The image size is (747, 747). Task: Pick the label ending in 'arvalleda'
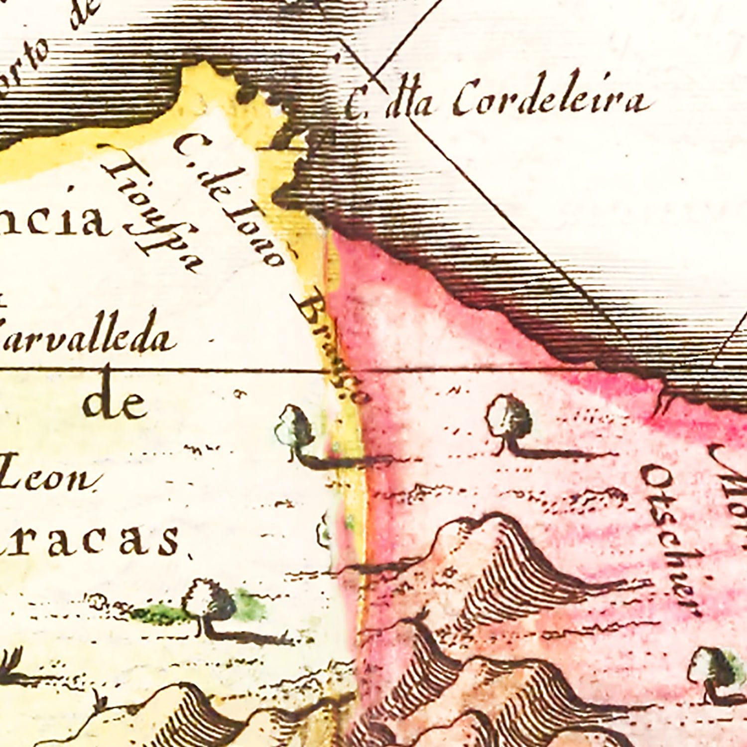(87, 336)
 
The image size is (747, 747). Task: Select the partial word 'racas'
(90, 540)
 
